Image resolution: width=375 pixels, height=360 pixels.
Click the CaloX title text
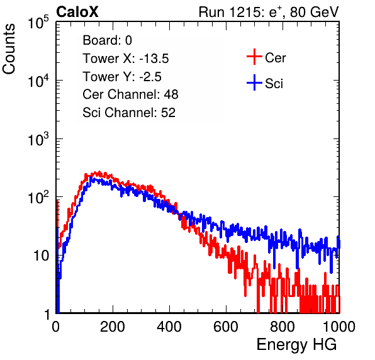pos(77,12)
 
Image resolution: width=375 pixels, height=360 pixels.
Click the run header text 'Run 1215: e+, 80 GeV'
pos(269,12)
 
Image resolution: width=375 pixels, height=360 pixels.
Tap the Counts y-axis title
pos(9,49)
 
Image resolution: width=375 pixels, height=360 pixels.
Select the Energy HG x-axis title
pos(296,344)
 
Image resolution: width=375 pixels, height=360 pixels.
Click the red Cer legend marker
pos(254,57)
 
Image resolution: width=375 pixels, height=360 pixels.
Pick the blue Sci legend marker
pos(254,83)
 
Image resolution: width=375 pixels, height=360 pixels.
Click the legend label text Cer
pos(275,58)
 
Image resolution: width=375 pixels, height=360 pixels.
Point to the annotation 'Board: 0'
pos(107,40)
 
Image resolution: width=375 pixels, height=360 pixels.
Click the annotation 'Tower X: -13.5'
pos(126,59)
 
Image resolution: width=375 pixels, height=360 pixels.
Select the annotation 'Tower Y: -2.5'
pos(122,77)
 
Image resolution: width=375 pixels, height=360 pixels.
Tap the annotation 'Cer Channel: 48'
pos(130,94)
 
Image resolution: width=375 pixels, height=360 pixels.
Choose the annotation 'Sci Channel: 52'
pos(129,113)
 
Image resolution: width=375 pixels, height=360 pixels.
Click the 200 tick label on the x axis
pos(113,327)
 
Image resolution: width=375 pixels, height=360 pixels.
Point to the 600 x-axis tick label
pos(226,327)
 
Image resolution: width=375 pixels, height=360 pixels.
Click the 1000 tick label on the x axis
pos(339,327)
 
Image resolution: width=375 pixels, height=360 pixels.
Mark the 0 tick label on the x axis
pos(55,327)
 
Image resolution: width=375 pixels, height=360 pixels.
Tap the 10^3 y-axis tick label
pos(38,139)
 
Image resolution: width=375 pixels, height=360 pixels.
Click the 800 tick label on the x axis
pos(283,327)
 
